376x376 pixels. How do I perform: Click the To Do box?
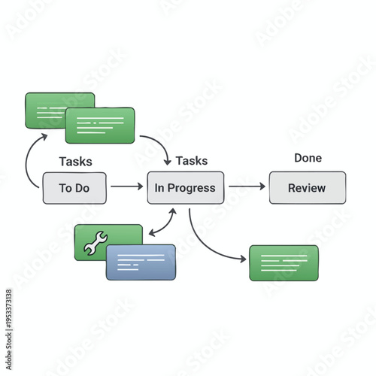[x=74, y=188]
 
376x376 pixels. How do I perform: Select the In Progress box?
[x=185, y=188]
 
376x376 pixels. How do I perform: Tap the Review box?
[x=308, y=188]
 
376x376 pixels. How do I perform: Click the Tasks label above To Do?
[x=75, y=162]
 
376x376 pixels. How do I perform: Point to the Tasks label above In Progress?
[x=192, y=160]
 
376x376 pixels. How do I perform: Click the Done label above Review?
[x=308, y=158]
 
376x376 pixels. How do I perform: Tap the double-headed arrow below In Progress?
[x=163, y=223]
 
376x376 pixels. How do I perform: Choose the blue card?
[x=141, y=262]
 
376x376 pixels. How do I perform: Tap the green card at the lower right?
[x=284, y=262]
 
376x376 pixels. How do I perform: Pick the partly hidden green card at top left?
[x=45, y=105]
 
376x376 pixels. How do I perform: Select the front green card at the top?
[x=100, y=125]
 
